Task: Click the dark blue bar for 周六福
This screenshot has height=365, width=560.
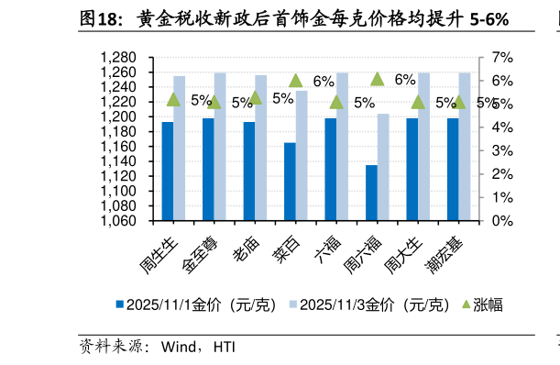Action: [x=371, y=193]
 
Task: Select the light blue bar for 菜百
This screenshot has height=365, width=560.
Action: [x=302, y=155]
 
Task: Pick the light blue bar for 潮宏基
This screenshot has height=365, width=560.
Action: [x=465, y=146]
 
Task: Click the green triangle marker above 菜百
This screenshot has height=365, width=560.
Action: [x=295, y=81]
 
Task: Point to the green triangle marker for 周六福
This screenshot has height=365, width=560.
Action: [x=377, y=79]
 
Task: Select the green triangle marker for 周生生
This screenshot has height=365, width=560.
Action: [x=173, y=100]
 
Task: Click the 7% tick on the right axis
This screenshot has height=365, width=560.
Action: [x=502, y=58]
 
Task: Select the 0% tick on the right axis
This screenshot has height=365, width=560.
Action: [x=502, y=221]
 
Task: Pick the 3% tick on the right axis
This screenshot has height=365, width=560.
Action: [x=502, y=151]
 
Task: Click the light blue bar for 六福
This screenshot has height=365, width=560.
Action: [x=342, y=146]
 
